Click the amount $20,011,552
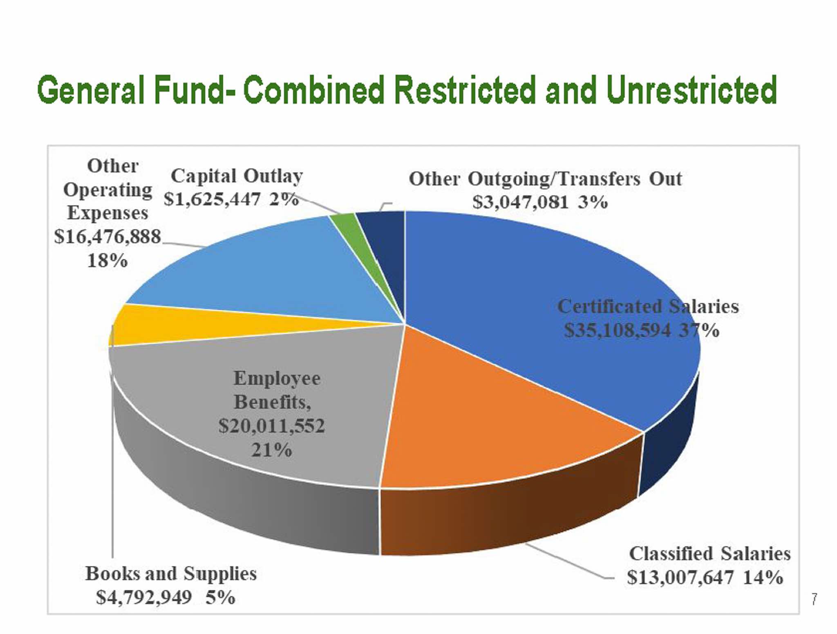coord(271,426)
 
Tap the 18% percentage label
coord(107,260)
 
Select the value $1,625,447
coord(212,199)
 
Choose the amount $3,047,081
coord(520,202)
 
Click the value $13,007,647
coord(680,578)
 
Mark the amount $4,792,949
coord(144,598)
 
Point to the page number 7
coord(814,599)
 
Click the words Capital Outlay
coord(237,176)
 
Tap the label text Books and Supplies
coord(171,574)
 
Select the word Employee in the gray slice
coord(277,379)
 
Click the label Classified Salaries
coord(709,554)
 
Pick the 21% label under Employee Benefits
coord(271,450)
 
